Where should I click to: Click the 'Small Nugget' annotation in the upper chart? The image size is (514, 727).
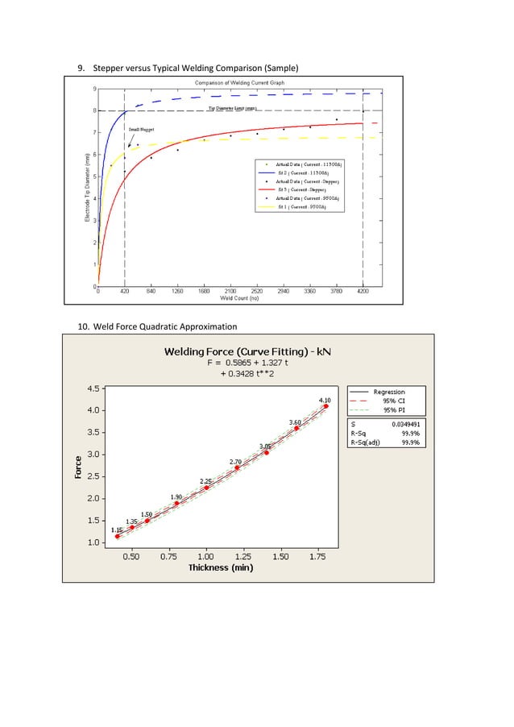[x=142, y=129]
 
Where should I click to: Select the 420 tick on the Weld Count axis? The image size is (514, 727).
[x=124, y=292]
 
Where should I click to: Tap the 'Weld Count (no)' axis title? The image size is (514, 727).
[x=239, y=298]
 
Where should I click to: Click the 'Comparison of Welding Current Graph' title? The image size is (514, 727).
[x=234, y=83]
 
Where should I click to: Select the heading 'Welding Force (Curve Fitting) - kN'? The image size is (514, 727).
[x=247, y=351]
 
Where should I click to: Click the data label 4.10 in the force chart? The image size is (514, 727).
[x=325, y=400]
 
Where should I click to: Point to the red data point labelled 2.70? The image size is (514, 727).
[x=237, y=467]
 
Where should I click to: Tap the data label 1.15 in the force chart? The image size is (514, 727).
[x=117, y=530]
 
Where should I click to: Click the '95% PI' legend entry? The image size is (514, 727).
[x=395, y=409]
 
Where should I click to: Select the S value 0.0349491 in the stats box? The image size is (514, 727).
[x=405, y=423]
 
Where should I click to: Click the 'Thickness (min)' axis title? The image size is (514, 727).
[x=221, y=567]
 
